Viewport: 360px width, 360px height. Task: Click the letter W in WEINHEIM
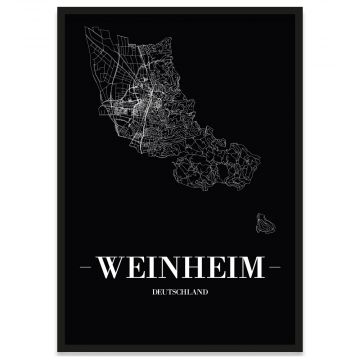click(113, 269)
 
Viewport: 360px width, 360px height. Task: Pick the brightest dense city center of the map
click(150, 99)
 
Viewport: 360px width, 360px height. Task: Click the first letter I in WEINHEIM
click(150, 269)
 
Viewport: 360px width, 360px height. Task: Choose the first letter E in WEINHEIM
click(135, 269)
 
